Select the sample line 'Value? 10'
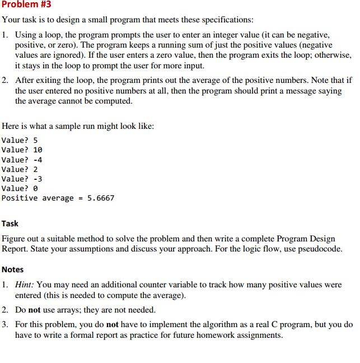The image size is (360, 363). click(22, 150)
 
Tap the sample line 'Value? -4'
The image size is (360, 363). click(22, 160)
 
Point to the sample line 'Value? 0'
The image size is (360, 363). click(20, 189)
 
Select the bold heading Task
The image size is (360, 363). click(10, 223)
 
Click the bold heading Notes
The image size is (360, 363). click(12, 269)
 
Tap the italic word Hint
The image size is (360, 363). click(24, 285)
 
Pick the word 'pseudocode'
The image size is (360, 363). click(319, 249)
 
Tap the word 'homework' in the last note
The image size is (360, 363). click(229, 335)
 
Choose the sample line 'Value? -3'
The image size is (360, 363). click(22, 179)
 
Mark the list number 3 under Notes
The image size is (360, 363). click(4, 324)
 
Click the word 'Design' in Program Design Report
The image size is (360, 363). click(325, 238)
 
